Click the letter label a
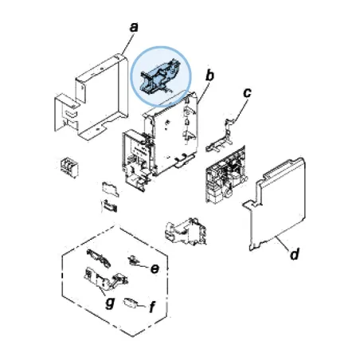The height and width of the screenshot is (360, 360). (134, 27)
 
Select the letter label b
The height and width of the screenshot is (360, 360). (210, 76)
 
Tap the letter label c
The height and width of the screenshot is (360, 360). (247, 93)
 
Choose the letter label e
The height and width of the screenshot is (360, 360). (155, 268)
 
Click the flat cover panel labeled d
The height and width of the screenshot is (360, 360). (279, 203)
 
